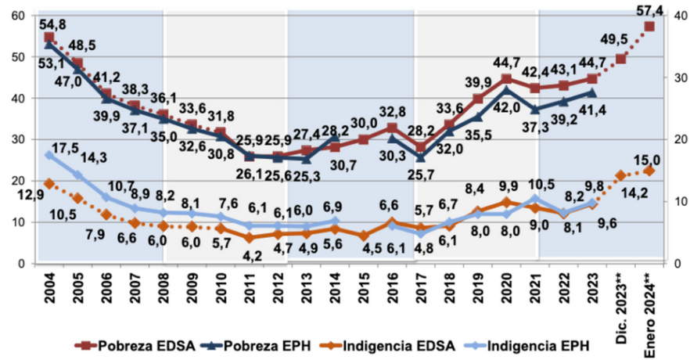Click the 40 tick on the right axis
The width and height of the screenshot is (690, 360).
pyautogui.click(x=670, y=16)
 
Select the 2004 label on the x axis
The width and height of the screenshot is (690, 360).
pyautogui.click(x=49, y=289)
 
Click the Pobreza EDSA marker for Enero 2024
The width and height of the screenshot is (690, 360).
pyautogui.click(x=649, y=27)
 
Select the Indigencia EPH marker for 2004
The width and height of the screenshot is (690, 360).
pyautogui.click(x=49, y=156)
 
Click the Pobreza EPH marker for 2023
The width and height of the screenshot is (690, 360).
pyautogui.click(x=592, y=92)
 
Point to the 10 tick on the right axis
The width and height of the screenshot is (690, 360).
pyautogui.click(x=670, y=202)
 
